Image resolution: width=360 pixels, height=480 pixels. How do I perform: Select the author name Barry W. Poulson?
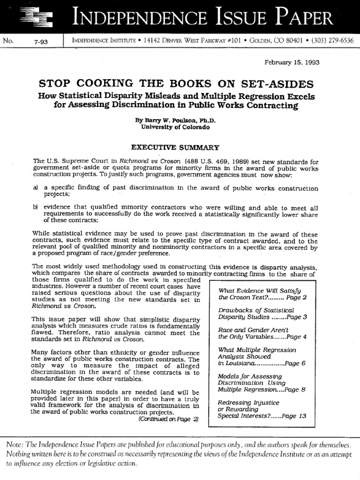168,120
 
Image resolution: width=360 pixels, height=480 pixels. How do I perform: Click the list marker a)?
36,188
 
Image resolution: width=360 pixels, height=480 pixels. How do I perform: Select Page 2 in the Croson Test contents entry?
297,298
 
